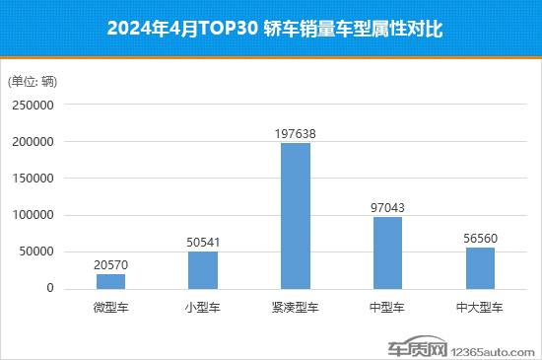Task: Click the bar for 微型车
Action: point(110,281)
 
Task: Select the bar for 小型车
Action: point(203,269)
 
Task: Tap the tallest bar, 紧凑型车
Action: point(296,216)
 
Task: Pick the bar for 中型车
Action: point(387,252)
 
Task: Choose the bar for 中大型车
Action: point(480,267)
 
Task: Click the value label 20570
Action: point(110,264)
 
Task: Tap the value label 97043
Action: point(387,207)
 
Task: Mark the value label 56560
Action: point(480,238)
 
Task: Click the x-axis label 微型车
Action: point(110,307)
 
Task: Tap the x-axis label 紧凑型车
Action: point(296,307)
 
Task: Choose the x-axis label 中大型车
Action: point(480,307)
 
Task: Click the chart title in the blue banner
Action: point(271,30)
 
